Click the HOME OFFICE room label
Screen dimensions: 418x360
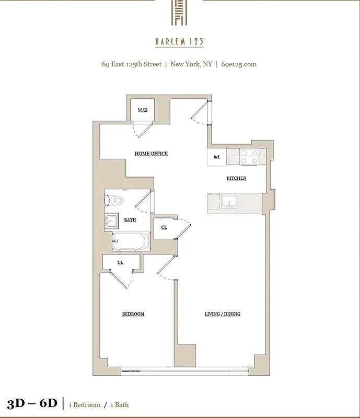click(151, 154)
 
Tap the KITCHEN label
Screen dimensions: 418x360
click(236, 178)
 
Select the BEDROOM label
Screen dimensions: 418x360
click(133, 314)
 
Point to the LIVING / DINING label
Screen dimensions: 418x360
click(222, 314)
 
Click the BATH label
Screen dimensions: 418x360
click(130, 220)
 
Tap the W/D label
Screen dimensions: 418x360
click(142, 110)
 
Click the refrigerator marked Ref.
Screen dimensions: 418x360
click(216, 157)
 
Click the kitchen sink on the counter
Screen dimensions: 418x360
click(229, 202)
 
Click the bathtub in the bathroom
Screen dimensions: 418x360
click(131, 242)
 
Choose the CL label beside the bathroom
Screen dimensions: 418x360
click(164, 228)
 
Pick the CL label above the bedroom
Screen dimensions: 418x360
click(120, 262)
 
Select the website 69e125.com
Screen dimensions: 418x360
click(239, 65)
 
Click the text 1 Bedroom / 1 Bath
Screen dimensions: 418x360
click(99, 404)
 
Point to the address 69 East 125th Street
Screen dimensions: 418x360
click(131, 65)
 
